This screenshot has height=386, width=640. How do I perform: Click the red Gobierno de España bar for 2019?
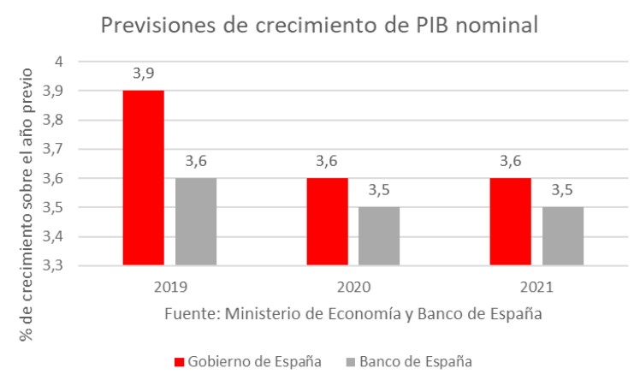(x=143, y=177)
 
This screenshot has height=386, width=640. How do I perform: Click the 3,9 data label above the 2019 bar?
(x=143, y=74)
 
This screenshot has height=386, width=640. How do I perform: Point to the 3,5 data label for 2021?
(x=563, y=191)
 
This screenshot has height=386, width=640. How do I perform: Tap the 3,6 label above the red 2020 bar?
(x=327, y=162)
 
